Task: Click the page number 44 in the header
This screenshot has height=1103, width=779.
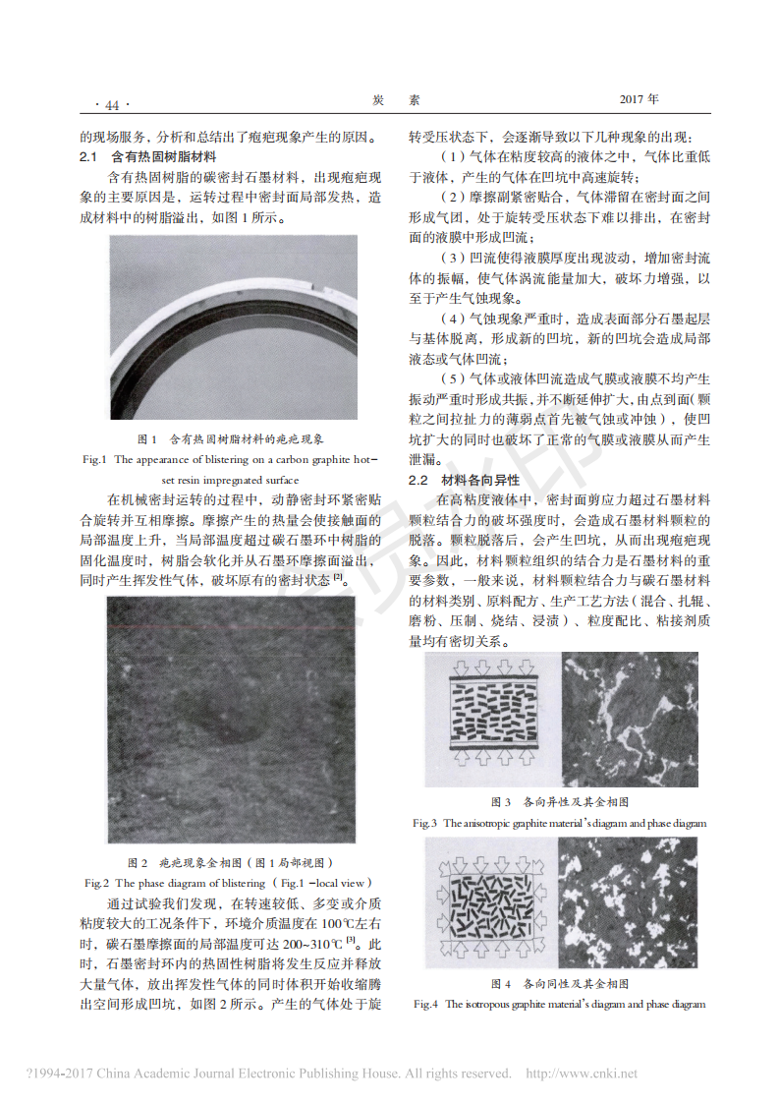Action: coord(111,105)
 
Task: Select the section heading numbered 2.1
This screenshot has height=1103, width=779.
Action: coord(147,156)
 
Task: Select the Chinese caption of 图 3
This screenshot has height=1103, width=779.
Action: coord(559,802)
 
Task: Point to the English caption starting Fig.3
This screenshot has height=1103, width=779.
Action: coord(559,823)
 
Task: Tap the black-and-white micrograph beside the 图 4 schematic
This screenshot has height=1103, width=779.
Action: coord(629,901)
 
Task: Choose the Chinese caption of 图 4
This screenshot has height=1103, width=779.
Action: coord(559,983)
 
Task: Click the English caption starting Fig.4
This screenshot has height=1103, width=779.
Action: coord(559,1004)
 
